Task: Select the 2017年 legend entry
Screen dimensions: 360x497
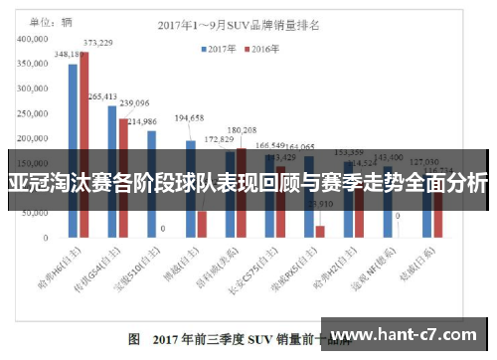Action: coord(220,47)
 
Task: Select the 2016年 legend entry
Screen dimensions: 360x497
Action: coord(260,47)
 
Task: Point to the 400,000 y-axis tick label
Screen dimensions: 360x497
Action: coord(33,39)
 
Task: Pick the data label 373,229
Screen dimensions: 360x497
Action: coord(97,43)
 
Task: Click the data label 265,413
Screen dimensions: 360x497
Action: coord(102,96)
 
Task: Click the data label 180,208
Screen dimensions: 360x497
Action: coord(242,129)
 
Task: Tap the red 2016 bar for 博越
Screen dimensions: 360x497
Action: coord(202,224)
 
